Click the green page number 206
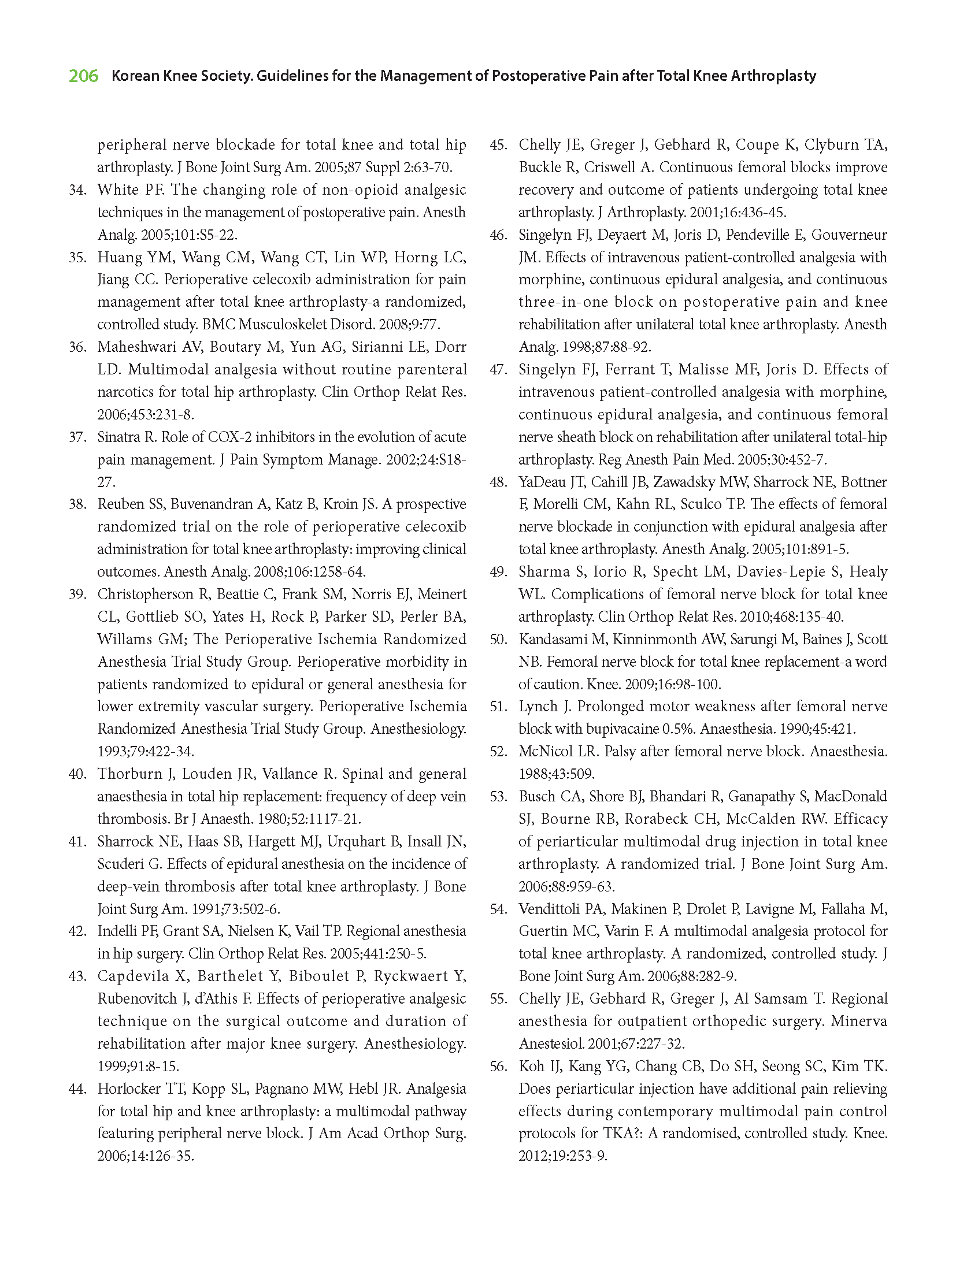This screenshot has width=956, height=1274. coord(84,76)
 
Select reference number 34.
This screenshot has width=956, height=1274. coord(77,190)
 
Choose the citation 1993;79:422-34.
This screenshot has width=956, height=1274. coord(146,751)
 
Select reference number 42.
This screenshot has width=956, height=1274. coord(77,931)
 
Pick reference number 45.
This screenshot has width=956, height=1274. coord(498,144)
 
